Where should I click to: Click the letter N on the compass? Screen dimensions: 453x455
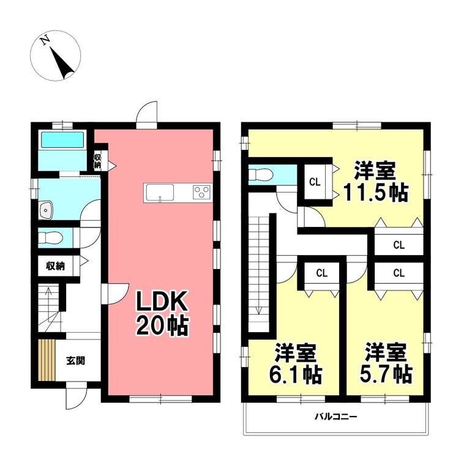click(x=45, y=40)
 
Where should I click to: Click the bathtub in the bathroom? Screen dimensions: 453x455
click(x=62, y=140)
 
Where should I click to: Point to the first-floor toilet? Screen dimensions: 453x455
click(x=51, y=238)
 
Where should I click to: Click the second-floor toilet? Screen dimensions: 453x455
click(x=261, y=175)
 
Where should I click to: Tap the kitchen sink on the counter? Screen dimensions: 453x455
click(x=160, y=193)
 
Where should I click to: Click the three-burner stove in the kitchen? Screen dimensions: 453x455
click(x=201, y=192)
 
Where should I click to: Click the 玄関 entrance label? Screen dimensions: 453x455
click(x=76, y=361)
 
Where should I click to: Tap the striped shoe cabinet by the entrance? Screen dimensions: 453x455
click(x=47, y=360)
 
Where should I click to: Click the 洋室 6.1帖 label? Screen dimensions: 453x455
click(x=296, y=363)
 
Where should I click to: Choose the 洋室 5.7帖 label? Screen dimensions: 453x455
click(x=386, y=363)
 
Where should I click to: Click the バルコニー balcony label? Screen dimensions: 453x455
click(x=336, y=417)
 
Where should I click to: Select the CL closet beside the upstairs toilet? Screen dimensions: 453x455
click(x=315, y=182)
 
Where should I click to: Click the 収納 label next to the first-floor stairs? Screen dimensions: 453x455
click(x=56, y=266)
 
